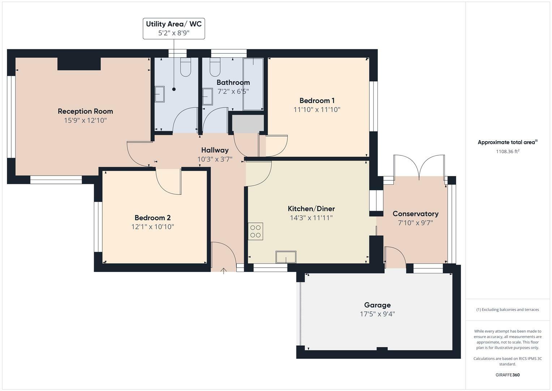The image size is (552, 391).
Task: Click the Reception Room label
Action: [x=85, y=111]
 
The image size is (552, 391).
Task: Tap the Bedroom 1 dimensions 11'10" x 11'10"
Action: [x=317, y=109]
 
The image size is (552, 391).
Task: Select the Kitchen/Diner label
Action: [x=311, y=209]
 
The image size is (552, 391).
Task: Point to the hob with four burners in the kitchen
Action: [x=256, y=231]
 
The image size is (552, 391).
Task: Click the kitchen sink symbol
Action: [x=286, y=257]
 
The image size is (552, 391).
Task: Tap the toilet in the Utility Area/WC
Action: [x=185, y=68]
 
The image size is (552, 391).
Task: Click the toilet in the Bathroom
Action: [x=215, y=68]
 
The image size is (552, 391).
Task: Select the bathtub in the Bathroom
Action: [x=253, y=84]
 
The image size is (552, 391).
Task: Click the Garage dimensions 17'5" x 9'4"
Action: [x=377, y=314]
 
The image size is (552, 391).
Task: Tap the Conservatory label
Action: [x=415, y=214]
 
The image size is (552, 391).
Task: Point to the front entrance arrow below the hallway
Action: [x=223, y=270]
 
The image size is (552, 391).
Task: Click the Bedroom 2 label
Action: [x=153, y=218]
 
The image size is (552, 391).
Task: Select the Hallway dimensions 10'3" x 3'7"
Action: [x=215, y=159]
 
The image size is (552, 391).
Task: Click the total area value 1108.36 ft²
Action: [x=508, y=152]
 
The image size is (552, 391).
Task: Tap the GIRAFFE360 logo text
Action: [x=508, y=375]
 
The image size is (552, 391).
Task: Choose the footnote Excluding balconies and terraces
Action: [x=508, y=310]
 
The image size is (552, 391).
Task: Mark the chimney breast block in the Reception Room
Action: [x=79, y=64]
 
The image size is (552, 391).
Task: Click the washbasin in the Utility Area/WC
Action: [x=159, y=94]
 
